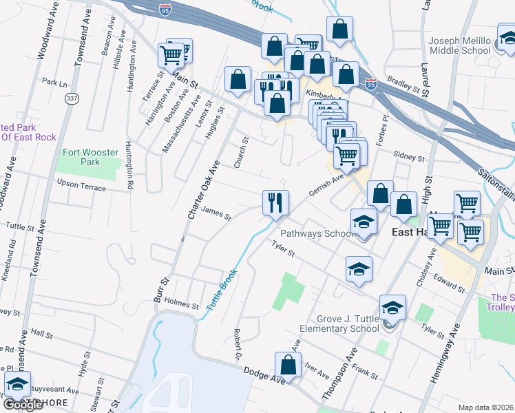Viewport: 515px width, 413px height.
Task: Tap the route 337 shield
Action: click(71, 99)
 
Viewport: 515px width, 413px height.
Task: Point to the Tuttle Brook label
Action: click(221, 293)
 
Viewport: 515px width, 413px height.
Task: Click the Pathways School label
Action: click(316, 234)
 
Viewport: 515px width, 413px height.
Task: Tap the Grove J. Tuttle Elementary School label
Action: click(348, 324)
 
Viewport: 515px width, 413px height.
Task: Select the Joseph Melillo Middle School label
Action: click(459, 45)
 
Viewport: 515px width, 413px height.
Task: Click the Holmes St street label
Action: click(182, 306)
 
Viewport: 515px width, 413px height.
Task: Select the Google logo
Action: click(23, 405)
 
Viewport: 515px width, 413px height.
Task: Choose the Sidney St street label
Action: click(412, 158)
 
